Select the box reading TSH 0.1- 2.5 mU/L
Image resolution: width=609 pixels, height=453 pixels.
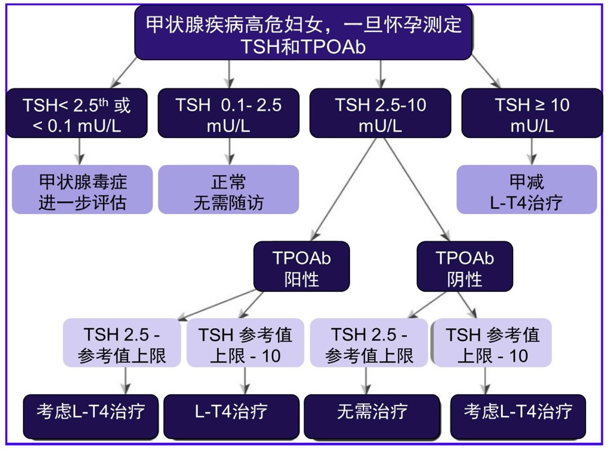(x=228, y=113)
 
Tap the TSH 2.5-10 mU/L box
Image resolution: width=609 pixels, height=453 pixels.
(x=380, y=113)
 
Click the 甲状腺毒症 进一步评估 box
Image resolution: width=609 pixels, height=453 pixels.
(x=82, y=190)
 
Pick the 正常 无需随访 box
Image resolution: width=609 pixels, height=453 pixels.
(x=228, y=190)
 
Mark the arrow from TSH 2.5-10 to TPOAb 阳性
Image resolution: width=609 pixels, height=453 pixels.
(x=344, y=189)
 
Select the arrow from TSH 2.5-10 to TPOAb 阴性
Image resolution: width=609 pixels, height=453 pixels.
(x=416, y=189)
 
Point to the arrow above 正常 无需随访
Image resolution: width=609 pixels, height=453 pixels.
(x=229, y=151)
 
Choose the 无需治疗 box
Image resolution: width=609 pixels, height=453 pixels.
(x=372, y=412)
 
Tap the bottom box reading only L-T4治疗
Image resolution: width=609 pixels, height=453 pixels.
(x=231, y=412)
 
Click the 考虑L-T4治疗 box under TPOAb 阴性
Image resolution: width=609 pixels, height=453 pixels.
(x=518, y=412)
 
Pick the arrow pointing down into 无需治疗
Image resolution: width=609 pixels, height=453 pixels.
(x=367, y=381)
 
